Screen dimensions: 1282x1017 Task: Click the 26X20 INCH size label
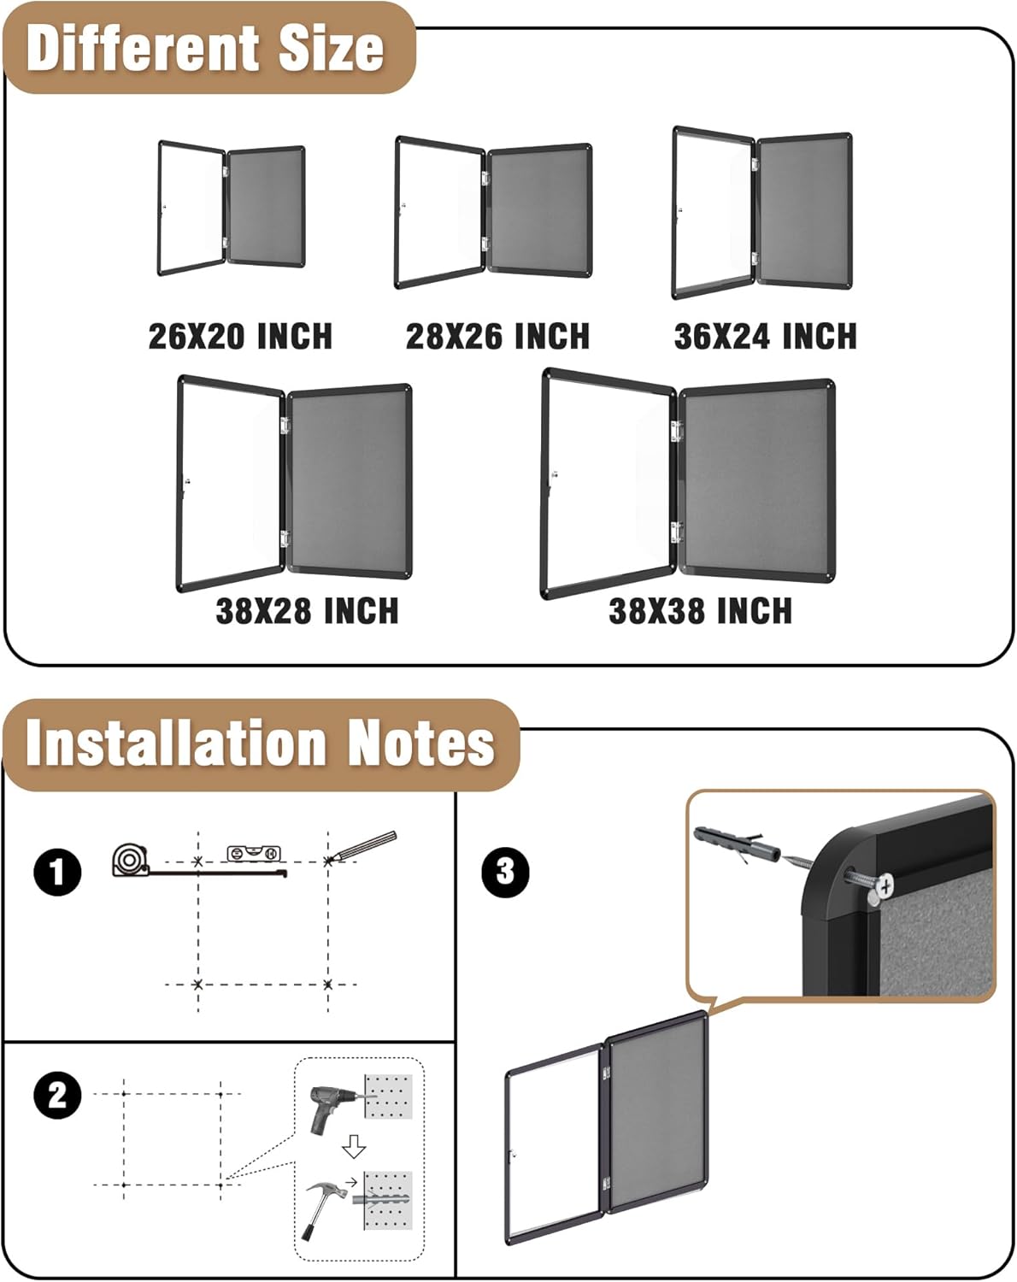click(240, 336)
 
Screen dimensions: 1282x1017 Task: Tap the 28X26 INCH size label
click(497, 336)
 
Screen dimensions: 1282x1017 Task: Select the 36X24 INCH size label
click(765, 336)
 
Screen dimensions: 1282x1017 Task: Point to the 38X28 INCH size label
click(307, 611)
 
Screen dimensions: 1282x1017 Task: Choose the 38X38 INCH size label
click(700, 611)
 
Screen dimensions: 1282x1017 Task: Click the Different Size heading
click(205, 48)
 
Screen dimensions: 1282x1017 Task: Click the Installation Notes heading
click(260, 743)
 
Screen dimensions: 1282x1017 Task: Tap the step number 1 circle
click(57, 873)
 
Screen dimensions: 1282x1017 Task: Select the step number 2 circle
click(57, 1095)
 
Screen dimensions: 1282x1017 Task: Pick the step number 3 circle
click(505, 872)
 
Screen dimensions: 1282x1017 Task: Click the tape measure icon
click(129, 859)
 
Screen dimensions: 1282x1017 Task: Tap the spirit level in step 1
click(253, 852)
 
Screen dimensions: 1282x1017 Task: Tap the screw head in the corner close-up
click(883, 885)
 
